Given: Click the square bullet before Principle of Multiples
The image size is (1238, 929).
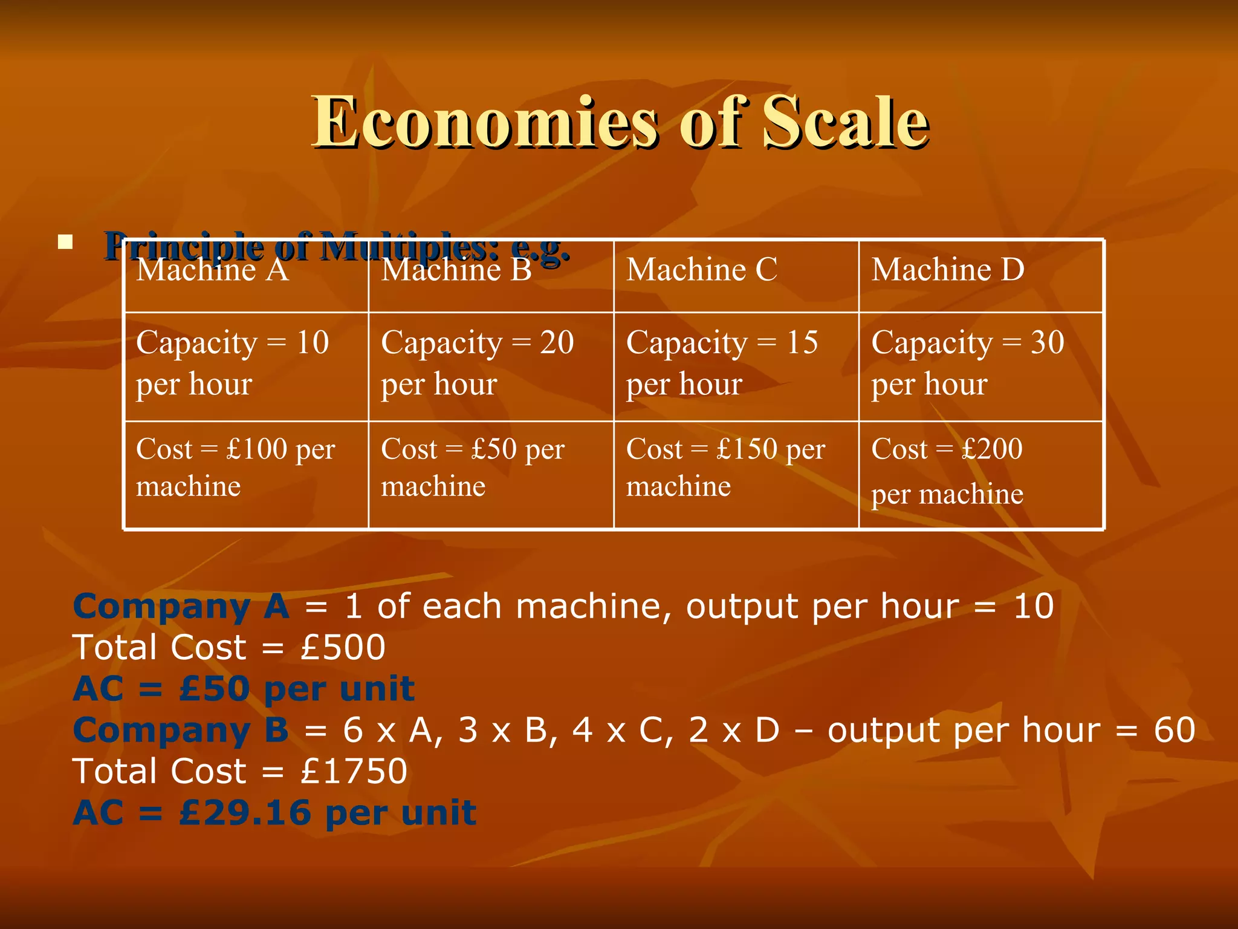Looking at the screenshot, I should pyautogui.click(x=65, y=243).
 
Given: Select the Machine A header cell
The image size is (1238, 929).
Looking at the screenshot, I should pyautogui.click(x=246, y=276).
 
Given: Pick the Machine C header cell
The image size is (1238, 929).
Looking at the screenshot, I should pyautogui.click(x=736, y=276).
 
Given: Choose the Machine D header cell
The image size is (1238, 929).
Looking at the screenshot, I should pyautogui.click(x=980, y=276).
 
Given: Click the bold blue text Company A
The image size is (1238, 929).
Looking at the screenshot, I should pyautogui.click(x=181, y=607).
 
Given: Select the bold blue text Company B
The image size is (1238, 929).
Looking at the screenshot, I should pyautogui.click(x=181, y=731).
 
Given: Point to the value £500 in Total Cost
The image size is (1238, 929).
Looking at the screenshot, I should pyautogui.click(x=343, y=648).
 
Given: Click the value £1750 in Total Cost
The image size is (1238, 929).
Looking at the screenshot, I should pyautogui.click(x=354, y=772).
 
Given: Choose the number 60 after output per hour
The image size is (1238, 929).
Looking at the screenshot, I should pyautogui.click(x=1174, y=731).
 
